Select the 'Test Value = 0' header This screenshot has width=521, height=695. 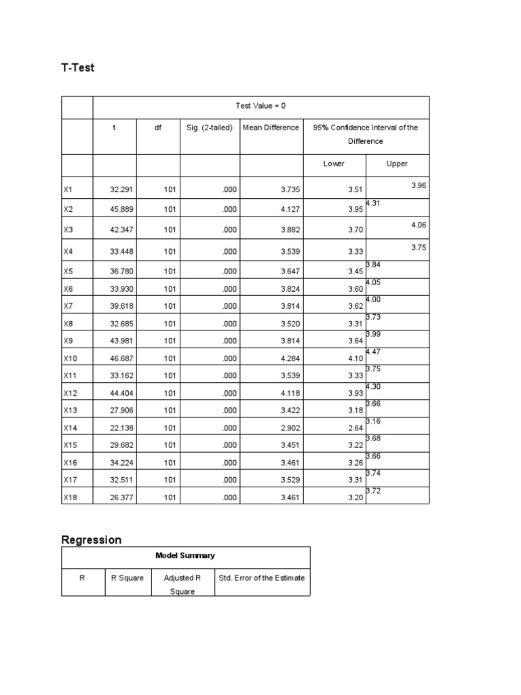point(260,106)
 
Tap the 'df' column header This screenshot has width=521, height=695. point(158,128)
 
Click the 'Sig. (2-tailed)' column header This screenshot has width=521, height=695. point(210,128)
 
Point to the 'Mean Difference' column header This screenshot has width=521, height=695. point(271,128)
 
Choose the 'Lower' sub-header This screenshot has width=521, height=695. point(334,164)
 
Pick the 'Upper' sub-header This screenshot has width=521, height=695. point(397,164)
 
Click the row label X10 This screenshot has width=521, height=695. point(71,358)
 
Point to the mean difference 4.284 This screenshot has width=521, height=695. point(290,358)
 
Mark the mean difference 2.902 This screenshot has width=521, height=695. point(290,428)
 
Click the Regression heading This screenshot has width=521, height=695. point(92,540)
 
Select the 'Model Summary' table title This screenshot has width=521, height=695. point(185,555)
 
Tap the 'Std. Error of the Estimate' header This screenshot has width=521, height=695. point(262,578)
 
